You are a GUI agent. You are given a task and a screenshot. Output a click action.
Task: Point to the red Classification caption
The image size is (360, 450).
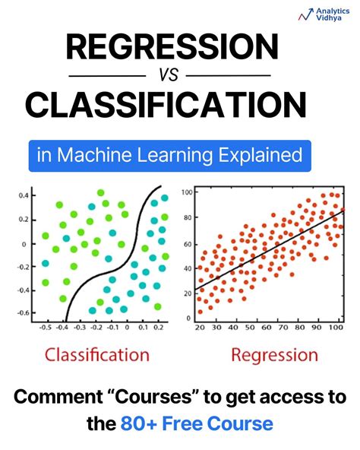(x=96, y=354)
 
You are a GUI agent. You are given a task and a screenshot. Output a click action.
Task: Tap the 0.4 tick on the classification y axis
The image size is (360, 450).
(x=22, y=195)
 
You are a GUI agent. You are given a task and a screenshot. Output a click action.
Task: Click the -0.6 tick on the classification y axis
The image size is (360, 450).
(x=21, y=312)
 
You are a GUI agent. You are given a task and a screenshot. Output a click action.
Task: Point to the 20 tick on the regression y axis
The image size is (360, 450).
(x=188, y=293)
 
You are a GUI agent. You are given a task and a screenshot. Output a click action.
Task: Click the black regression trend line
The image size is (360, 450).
(x=266, y=250)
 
